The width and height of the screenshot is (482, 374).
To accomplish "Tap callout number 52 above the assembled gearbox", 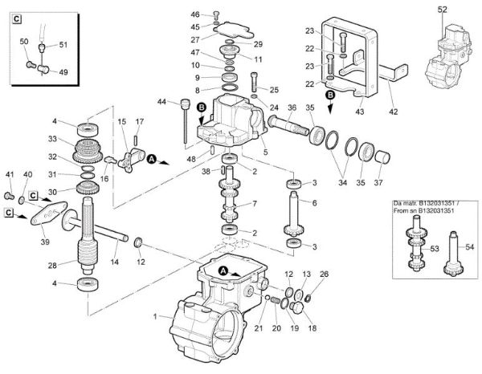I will tap(442, 9).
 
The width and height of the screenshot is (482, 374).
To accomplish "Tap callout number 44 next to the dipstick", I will tap(161, 102).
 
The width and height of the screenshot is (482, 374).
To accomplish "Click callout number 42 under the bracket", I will tap(392, 113).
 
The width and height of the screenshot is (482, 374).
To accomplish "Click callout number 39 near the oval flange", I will tap(44, 242).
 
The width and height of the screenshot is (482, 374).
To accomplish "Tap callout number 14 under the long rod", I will tap(114, 262).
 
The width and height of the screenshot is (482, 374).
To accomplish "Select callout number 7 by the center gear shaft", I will tap(255, 203).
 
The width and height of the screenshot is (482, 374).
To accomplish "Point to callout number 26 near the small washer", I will tap(324, 274).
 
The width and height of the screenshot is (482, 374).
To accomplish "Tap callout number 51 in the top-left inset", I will tap(63, 45).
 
